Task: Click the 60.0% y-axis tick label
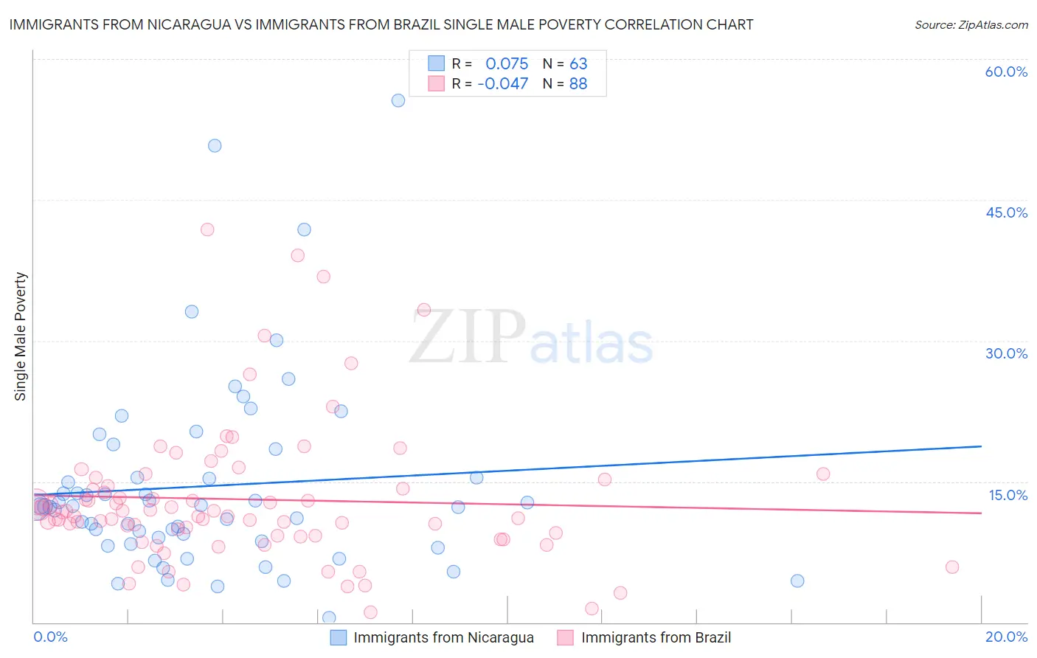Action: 1006,72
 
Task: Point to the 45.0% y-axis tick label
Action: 1006,212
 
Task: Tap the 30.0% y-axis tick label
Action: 1006,353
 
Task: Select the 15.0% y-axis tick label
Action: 1007,495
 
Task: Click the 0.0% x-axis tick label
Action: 50,637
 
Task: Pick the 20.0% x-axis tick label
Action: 1006,637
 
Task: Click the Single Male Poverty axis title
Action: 21,336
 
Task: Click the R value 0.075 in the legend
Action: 507,63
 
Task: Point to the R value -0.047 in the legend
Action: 503,83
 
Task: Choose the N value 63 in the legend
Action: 578,63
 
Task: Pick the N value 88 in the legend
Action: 578,83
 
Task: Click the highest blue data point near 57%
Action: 398,100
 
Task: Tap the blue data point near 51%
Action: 215,145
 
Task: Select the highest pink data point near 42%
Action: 207,229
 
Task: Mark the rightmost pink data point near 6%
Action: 952,567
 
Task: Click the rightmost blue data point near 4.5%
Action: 797,581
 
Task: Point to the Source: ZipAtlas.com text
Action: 971,24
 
